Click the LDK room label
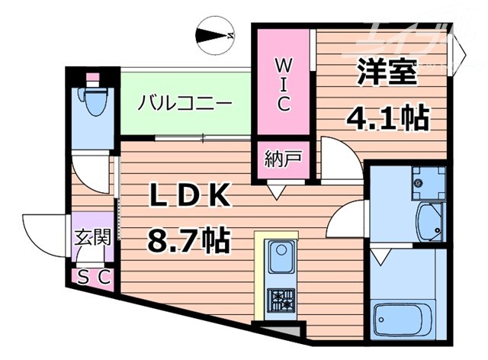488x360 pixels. point(188,195)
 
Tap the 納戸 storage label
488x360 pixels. point(283,161)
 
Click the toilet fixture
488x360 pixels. point(94,107)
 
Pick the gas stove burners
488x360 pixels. point(281,299)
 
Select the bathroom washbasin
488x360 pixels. point(428,221)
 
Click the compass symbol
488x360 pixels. point(216,35)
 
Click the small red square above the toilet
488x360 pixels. point(93,78)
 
